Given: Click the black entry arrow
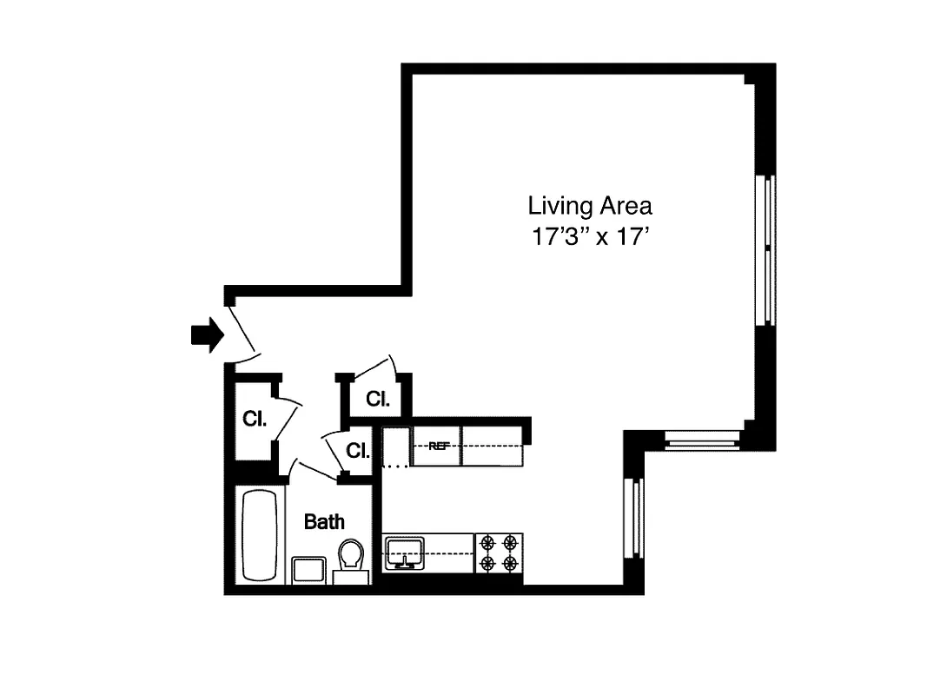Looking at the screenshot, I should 207,335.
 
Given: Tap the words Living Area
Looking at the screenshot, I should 590,207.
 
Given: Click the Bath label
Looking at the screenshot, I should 323,522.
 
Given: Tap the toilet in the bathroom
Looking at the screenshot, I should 351,556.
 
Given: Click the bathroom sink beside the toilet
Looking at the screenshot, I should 308,571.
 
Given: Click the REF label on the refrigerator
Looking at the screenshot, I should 439,447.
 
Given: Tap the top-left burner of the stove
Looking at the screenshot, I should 487,543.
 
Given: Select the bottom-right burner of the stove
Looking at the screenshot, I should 511,564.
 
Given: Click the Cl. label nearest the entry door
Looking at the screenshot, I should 254,419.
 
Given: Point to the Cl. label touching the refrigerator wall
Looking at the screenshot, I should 358,451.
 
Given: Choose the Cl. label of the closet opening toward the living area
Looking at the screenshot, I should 378,399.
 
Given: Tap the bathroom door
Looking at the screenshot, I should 315,471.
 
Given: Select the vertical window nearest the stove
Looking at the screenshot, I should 635,519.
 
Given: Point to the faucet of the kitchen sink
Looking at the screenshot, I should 404,561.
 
